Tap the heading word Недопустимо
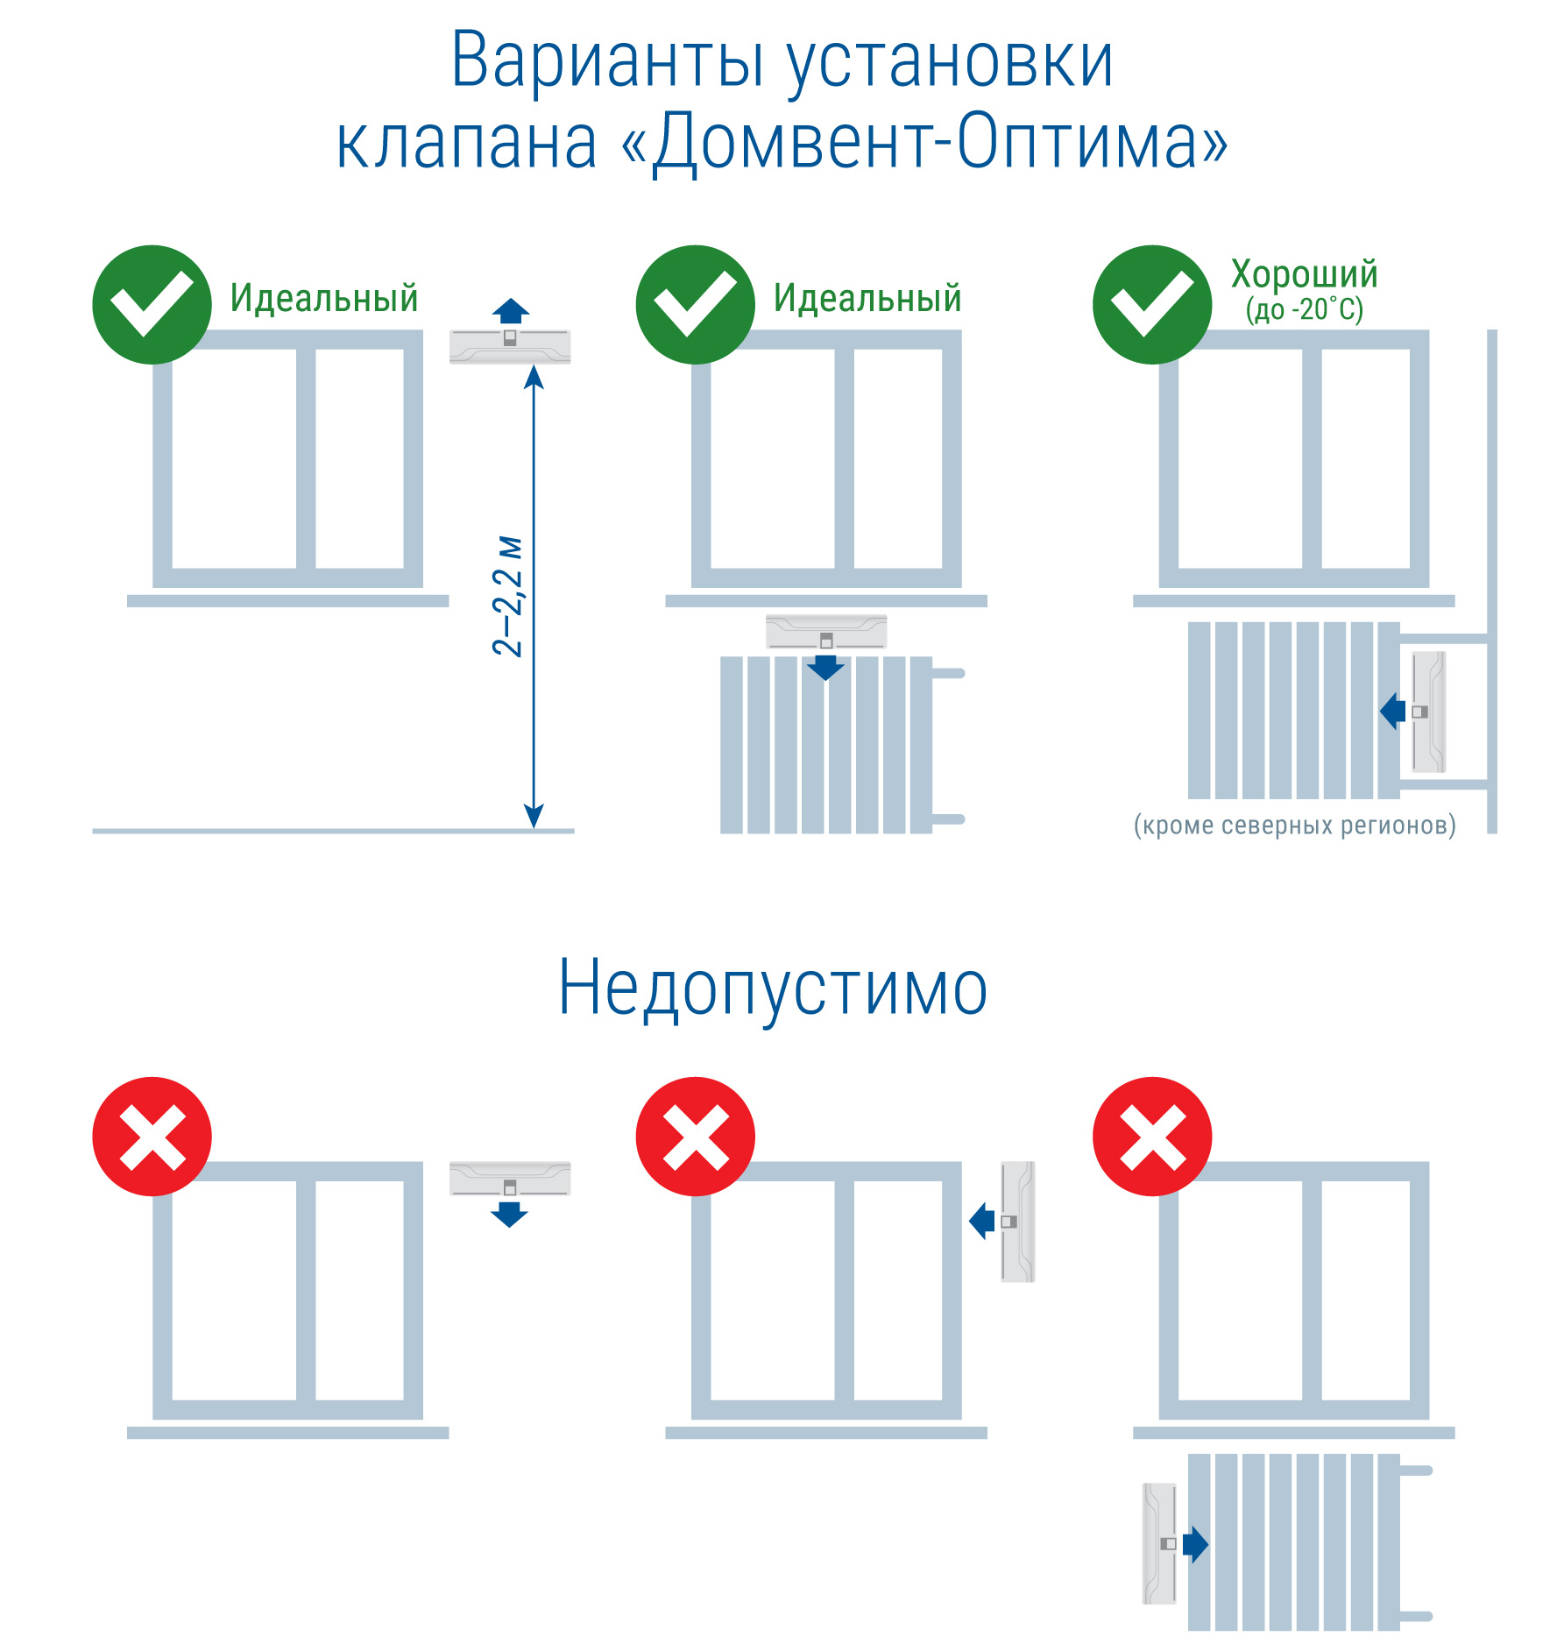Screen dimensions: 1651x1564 pos(773,988)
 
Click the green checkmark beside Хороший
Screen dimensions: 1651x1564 pos(1151,304)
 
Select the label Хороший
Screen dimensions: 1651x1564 pos(1304,274)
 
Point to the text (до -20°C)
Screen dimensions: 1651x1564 pos(1304,309)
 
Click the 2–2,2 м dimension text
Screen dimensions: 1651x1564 pos(508,596)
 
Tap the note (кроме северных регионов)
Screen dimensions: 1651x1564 pos(1294,825)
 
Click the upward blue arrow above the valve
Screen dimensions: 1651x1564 pos(511,311)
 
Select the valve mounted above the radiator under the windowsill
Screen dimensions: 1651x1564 pos(825,632)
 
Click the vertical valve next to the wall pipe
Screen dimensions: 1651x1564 pos(1428,712)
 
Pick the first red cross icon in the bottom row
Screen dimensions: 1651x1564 pos(152,1137)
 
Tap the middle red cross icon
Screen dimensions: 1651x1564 pos(695,1137)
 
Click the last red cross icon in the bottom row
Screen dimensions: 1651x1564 pos(1151,1137)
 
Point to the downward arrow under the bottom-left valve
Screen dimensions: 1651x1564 pos(509,1214)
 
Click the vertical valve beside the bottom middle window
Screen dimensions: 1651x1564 pos(1018,1222)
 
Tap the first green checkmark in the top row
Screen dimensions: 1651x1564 pos(152,304)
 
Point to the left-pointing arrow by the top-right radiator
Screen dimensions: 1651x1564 pos(1392,712)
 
